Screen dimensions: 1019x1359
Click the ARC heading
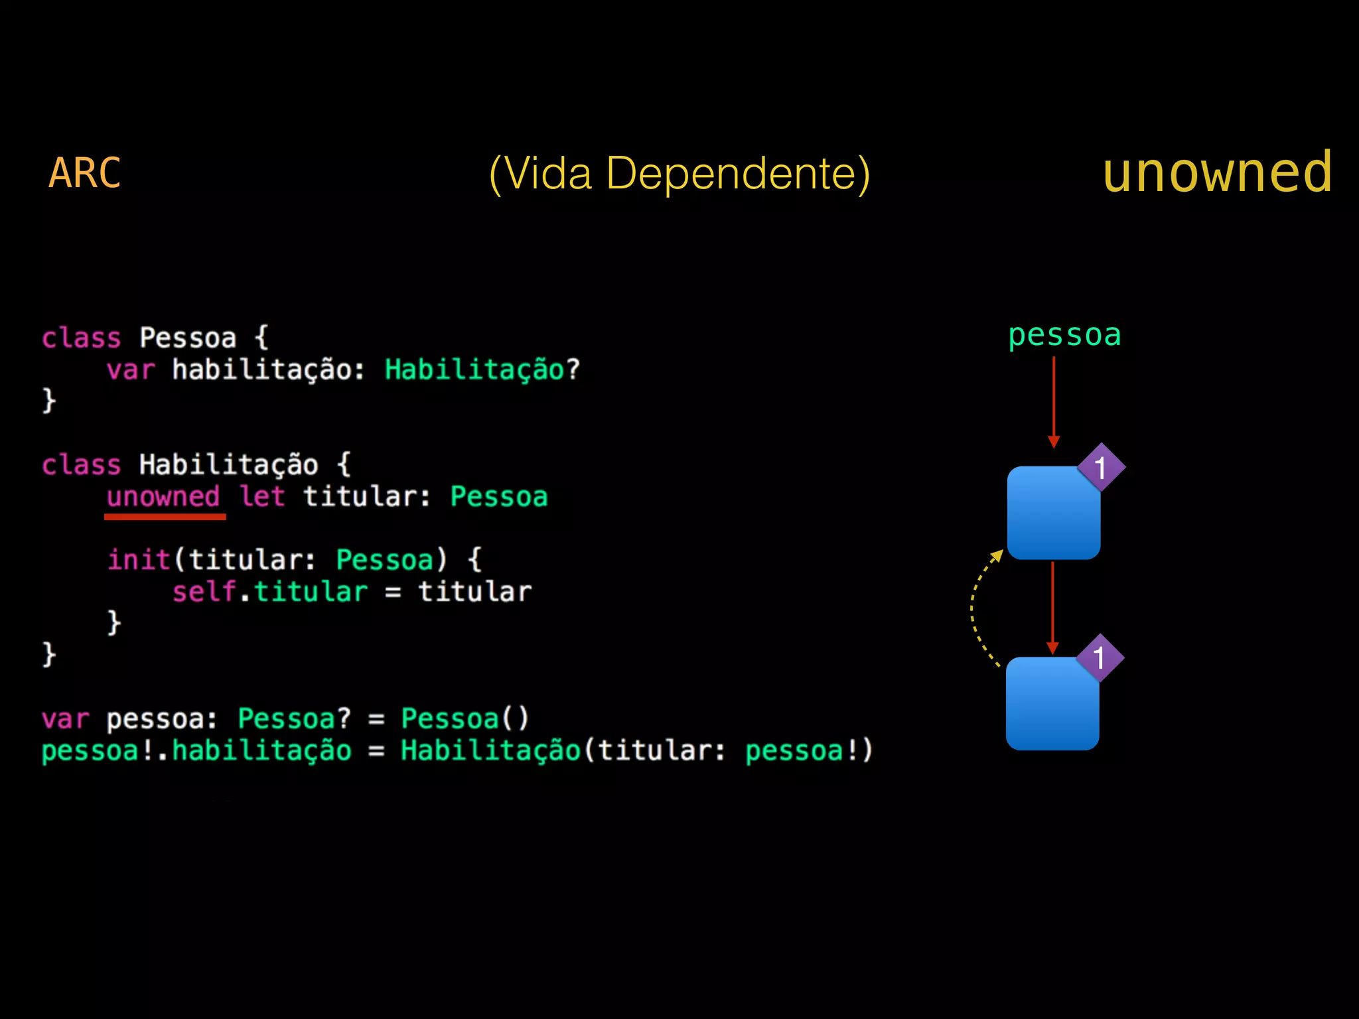coord(85,173)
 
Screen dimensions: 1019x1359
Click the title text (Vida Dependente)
coord(679,174)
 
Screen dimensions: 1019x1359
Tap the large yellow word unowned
coord(1217,172)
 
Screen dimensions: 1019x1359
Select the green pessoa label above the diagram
coord(1064,335)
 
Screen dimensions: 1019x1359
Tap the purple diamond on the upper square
coord(1101,468)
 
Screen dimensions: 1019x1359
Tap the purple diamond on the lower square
coord(1100,658)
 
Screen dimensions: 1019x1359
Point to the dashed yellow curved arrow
coord(975,607)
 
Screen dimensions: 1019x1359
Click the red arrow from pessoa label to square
coord(1054,401)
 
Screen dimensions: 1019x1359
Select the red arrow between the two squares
coord(1052,607)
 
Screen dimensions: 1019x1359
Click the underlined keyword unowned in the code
coord(163,496)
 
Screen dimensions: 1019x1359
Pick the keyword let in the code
coord(262,496)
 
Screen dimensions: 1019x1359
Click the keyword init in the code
coord(139,559)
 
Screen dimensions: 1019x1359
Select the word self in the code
coord(204,591)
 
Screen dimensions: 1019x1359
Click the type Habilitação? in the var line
coord(482,370)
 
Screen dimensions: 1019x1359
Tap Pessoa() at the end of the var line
coord(465,718)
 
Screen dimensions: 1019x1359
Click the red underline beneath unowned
coord(165,517)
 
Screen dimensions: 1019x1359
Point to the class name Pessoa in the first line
coord(188,338)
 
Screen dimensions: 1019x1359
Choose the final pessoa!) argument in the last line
coord(808,751)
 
